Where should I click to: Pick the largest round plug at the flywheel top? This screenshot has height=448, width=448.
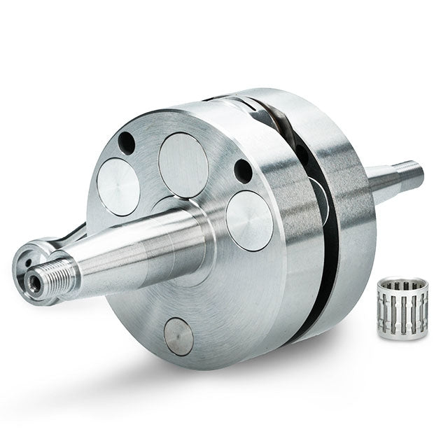[x=183, y=164]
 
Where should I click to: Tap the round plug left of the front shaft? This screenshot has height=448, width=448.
[x=118, y=187]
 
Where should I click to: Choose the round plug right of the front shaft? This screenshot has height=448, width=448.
[x=249, y=220]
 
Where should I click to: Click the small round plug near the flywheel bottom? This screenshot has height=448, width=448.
[x=178, y=337]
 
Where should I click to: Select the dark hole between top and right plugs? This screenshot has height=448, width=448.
[x=243, y=170]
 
